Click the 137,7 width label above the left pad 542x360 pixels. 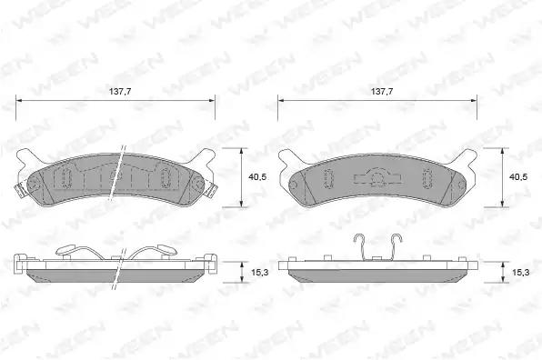pyautogui.click(x=120, y=92)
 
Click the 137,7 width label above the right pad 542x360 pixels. pyautogui.click(x=382, y=92)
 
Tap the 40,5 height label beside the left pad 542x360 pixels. pyautogui.click(x=257, y=177)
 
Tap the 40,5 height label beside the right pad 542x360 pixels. pyautogui.click(x=518, y=177)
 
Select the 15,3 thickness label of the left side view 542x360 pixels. pyautogui.click(x=259, y=272)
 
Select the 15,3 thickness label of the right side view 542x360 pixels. pyautogui.click(x=520, y=272)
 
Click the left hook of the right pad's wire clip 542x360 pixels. pyautogui.click(x=360, y=246)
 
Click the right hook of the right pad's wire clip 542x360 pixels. pyautogui.click(x=396, y=246)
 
